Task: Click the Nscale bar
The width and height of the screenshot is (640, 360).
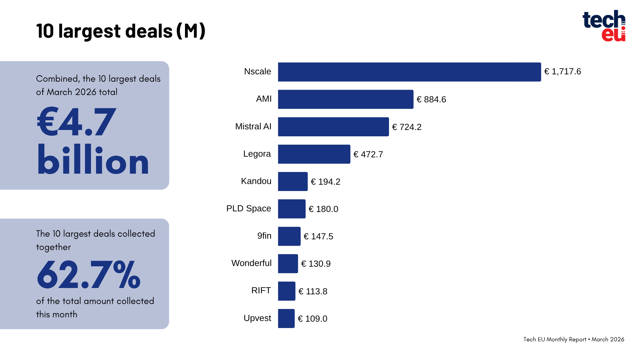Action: tap(409, 72)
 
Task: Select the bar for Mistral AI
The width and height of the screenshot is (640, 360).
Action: tap(333, 127)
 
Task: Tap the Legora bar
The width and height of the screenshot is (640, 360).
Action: tap(314, 154)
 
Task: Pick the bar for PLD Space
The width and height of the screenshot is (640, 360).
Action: tap(292, 209)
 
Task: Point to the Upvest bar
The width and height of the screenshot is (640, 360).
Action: tap(286, 318)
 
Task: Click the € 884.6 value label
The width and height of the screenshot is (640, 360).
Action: tap(431, 99)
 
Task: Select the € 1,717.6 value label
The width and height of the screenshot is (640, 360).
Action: tap(562, 72)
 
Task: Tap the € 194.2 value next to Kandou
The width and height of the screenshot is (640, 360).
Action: tap(325, 182)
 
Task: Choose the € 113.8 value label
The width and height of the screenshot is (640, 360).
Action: tap(313, 291)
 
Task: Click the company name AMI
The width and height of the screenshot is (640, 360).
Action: tap(264, 99)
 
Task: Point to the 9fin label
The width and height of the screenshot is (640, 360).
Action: tap(264, 236)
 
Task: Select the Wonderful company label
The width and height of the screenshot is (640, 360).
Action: tap(251, 263)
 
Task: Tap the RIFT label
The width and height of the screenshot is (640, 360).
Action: tap(261, 291)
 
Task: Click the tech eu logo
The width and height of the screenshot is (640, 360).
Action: tap(604, 26)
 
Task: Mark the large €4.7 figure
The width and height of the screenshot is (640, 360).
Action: tap(76, 122)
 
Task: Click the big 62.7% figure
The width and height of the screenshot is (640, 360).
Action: tap(89, 275)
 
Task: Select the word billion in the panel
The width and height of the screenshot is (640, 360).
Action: tap(93, 160)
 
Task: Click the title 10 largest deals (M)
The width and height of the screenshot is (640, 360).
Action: tap(121, 31)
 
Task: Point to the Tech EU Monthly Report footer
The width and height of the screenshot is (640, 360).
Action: tap(573, 339)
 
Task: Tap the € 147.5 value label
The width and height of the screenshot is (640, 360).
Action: tap(318, 236)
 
